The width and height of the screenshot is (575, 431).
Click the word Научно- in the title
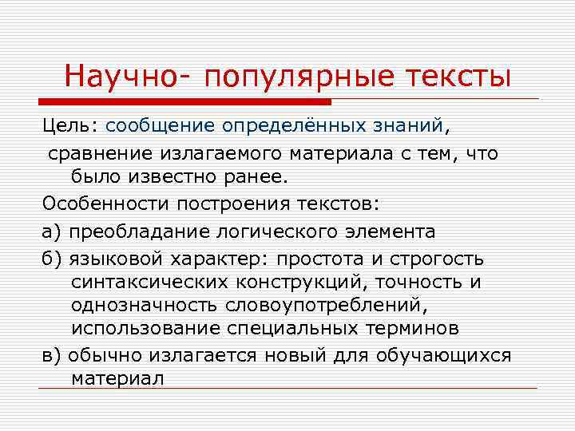coord(127,77)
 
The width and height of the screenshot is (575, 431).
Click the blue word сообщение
coord(161,126)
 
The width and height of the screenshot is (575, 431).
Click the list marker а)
coord(52,231)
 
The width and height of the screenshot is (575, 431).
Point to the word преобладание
coord(141,231)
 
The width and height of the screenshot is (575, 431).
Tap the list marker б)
coord(52,259)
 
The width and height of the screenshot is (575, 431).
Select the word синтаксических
coord(149,283)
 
